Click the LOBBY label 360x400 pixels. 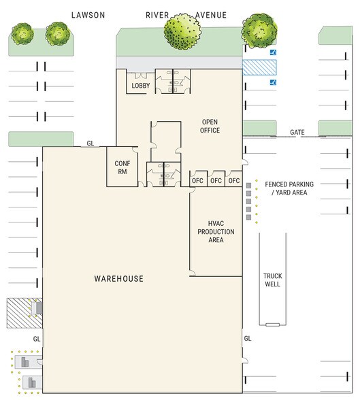(x=141, y=86)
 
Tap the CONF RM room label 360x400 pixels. (x=122, y=167)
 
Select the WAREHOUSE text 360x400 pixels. (x=119, y=279)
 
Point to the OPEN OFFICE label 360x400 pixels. (x=210, y=126)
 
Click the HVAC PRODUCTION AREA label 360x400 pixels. (x=216, y=231)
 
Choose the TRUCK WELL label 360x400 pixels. (x=273, y=280)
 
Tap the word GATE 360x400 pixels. (x=297, y=132)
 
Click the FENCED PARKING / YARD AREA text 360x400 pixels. (x=289, y=188)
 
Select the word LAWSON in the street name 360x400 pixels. (x=88, y=15)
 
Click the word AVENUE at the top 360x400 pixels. (x=211, y=15)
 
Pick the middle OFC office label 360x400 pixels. (x=216, y=181)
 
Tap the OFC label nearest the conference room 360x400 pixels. (x=197, y=181)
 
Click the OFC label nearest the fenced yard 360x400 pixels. (x=234, y=181)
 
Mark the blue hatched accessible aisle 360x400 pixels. (x=259, y=67)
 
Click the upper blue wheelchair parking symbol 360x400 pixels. (x=274, y=52)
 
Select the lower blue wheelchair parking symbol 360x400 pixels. (x=274, y=82)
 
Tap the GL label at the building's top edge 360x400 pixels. (x=91, y=144)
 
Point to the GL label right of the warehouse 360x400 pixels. (x=248, y=339)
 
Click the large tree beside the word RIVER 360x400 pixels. (x=182, y=31)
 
